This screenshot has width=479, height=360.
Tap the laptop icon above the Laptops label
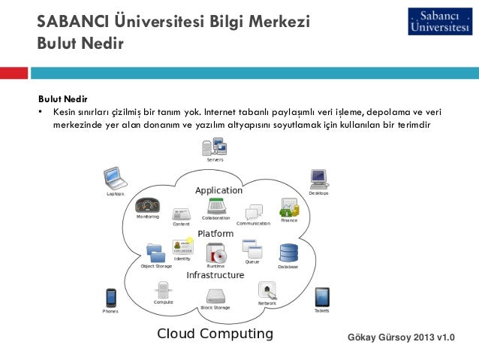click(115, 178)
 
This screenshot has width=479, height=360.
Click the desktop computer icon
click(318, 179)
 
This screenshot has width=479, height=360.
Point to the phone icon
click(110, 297)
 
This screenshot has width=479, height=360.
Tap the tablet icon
click(321, 296)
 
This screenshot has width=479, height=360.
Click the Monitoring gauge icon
click(146, 205)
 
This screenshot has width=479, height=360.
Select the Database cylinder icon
click(288, 253)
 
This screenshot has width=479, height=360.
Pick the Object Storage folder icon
click(156, 253)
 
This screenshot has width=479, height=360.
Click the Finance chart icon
click(289, 207)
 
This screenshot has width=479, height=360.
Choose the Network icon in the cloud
click(267, 289)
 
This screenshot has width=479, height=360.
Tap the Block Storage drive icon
click(215, 296)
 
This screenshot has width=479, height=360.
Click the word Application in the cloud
click(218, 191)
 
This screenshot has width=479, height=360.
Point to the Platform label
click(215, 234)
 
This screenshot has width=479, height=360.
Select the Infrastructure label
click(215, 275)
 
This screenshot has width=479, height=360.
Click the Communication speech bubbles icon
click(255, 211)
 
